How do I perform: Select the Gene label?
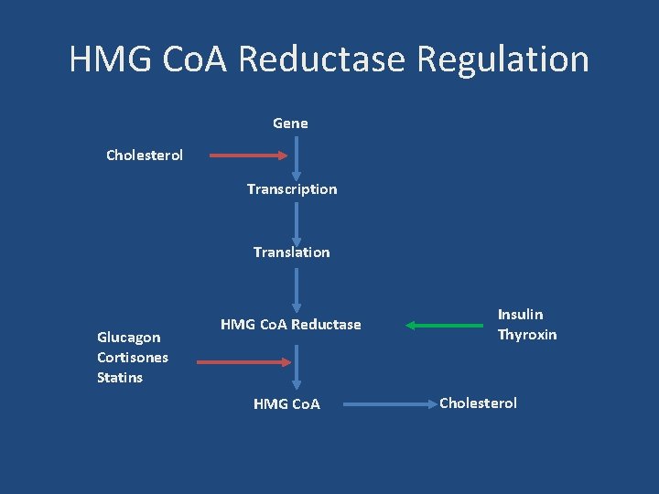[x=290, y=123]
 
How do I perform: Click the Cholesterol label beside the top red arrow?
[x=145, y=155]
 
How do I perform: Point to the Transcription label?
[x=292, y=189]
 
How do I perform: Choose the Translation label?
[x=292, y=252]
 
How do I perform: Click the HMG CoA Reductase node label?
[x=291, y=325]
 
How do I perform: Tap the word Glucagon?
[x=129, y=338]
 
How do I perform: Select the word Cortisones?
[x=133, y=358]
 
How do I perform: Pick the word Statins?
[x=120, y=378]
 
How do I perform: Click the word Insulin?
[x=520, y=315]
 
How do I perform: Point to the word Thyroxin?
[x=527, y=335]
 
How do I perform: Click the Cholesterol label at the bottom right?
[x=479, y=403]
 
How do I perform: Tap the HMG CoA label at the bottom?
[x=286, y=403]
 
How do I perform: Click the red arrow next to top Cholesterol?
[x=248, y=156]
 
